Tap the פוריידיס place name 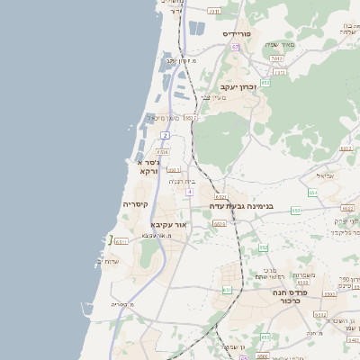click(x=242, y=33)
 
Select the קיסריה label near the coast click(x=135, y=205)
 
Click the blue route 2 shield click(x=166, y=135)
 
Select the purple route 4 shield click(x=189, y=193)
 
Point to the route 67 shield click(x=235, y=47)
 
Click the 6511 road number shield click(x=121, y=241)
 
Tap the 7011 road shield click(x=213, y=12)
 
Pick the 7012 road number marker click(x=276, y=58)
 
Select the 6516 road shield click(x=163, y=152)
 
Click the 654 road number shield click(x=312, y=193)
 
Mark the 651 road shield click(x=228, y=290)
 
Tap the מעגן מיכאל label click(x=166, y=118)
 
